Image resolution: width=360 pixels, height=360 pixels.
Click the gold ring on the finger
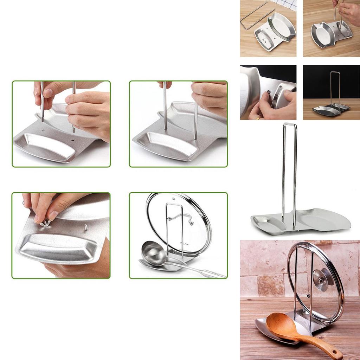[x=260, y=118]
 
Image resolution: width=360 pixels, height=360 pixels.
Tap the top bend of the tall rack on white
[x=290, y=124]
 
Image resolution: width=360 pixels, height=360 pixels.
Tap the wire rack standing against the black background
[x=334, y=90]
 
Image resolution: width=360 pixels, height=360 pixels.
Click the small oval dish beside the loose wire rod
[x=263, y=38]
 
